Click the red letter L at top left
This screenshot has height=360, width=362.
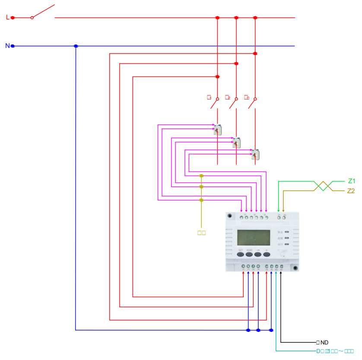7,17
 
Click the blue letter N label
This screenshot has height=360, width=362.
7,45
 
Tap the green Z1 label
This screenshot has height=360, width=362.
351,181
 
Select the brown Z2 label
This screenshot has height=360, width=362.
351,191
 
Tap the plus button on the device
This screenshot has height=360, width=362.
267,254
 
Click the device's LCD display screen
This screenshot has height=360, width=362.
254,238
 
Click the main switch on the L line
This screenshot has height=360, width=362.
43,12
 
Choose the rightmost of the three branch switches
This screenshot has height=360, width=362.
252,103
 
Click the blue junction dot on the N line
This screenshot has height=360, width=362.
76,46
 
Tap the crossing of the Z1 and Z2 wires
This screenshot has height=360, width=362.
323,186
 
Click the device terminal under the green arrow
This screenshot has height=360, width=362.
279,217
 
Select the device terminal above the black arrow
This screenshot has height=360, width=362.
281,267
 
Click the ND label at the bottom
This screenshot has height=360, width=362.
324,342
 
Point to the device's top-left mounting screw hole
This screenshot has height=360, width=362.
230,215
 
